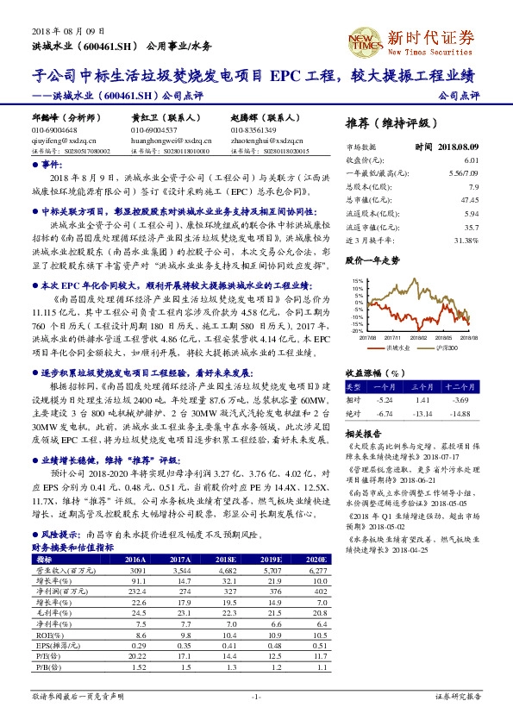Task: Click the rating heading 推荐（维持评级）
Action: coord(391,122)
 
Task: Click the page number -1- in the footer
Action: coord(256,695)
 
